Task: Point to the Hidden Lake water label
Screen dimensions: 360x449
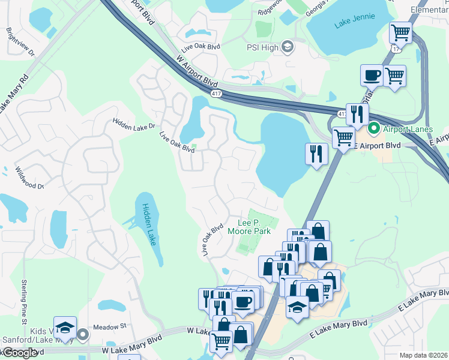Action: point(148,223)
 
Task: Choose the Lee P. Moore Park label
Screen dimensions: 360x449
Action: point(249,227)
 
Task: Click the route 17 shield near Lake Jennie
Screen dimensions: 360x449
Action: point(394,47)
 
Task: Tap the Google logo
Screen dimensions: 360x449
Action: point(20,353)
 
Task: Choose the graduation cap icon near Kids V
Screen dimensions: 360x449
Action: point(65,328)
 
